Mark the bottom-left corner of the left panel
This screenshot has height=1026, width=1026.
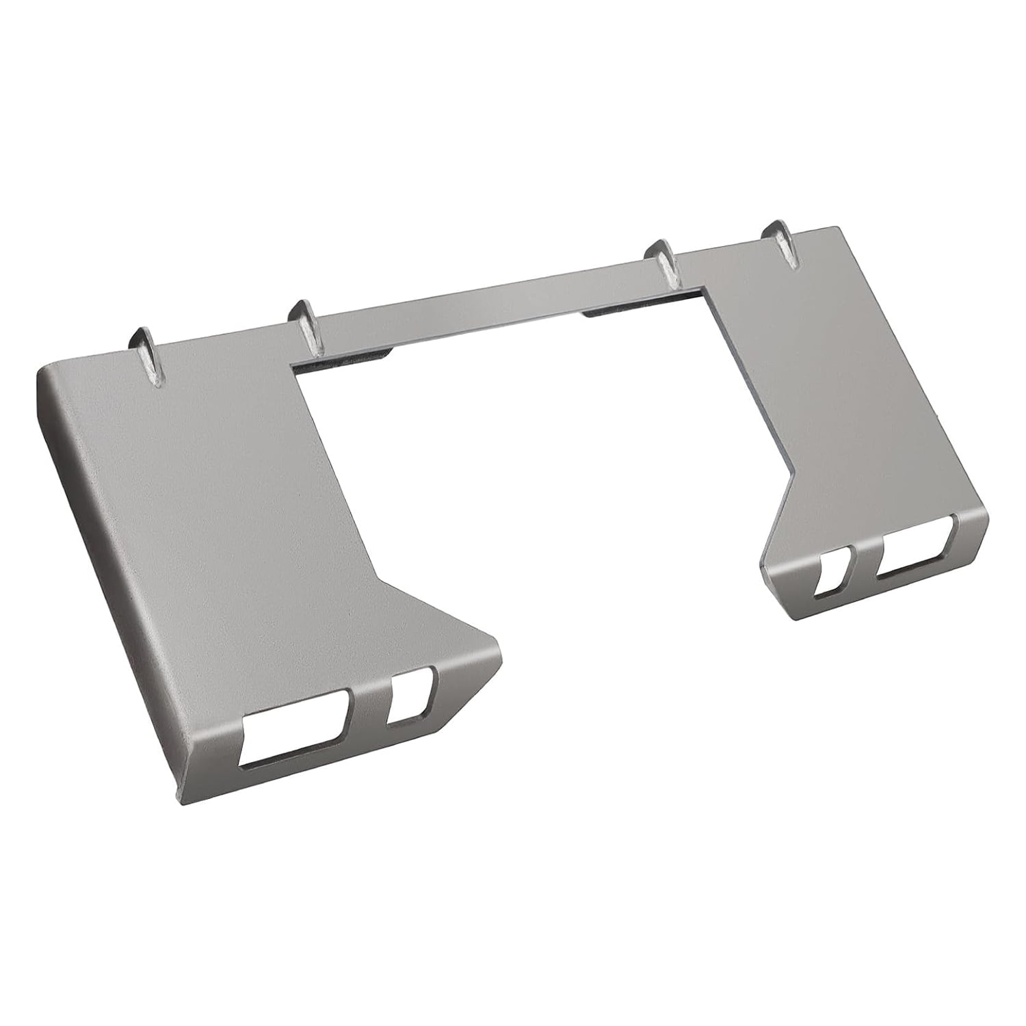179,800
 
